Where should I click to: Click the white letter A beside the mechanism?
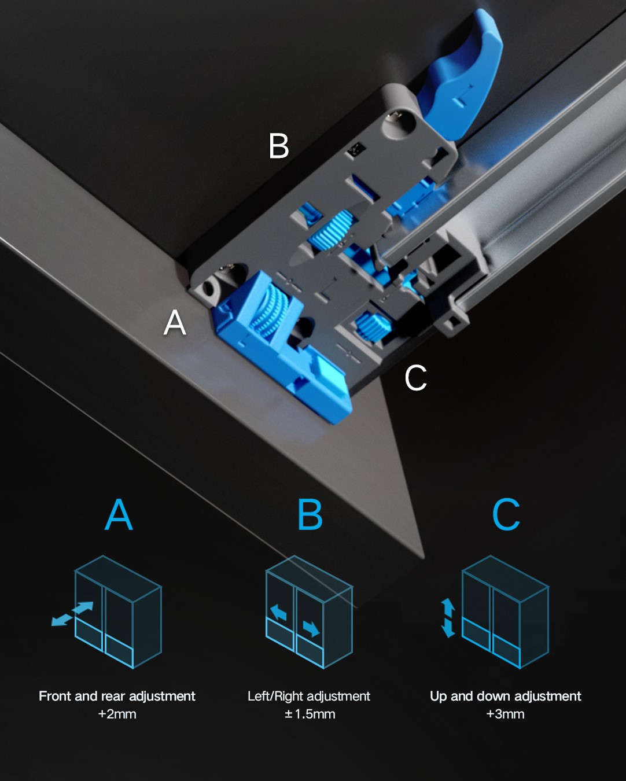(175, 322)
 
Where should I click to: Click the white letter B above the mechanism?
(279, 146)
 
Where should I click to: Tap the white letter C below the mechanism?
(415, 378)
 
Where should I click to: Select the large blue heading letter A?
(119, 515)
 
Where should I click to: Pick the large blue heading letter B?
(310, 515)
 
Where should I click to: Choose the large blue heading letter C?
(506, 515)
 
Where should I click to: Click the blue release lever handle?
(461, 72)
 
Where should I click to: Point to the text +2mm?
(117, 714)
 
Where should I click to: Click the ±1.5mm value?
(310, 714)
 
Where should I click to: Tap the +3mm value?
(505, 714)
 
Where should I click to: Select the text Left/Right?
(276, 697)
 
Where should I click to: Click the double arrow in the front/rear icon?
(72, 614)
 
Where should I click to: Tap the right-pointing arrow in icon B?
(311, 629)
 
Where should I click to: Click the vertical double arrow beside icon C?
(448, 618)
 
